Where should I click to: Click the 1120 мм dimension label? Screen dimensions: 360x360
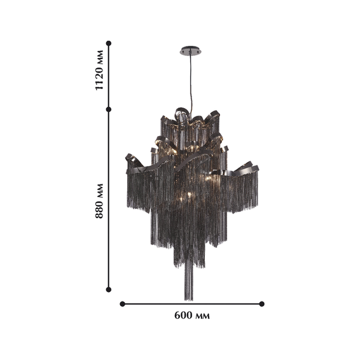pyautogui.click(x=99, y=70)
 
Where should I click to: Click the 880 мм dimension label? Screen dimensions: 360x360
pyautogui.click(x=99, y=201)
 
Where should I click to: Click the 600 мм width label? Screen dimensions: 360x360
pyautogui.click(x=192, y=315)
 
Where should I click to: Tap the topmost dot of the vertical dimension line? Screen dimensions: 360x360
pyautogui.click(x=109, y=43)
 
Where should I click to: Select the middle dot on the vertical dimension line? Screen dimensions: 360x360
pyautogui.click(x=109, y=109)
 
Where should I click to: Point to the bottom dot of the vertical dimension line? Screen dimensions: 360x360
pyautogui.click(x=109, y=289)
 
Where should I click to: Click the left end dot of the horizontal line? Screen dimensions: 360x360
pyautogui.click(x=122, y=304)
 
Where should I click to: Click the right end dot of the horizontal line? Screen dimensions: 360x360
pyautogui.click(x=261, y=304)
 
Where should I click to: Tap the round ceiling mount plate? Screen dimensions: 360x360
pyautogui.click(x=190, y=50)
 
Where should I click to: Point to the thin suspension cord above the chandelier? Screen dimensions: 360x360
pyautogui.click(x=191, y=83)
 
